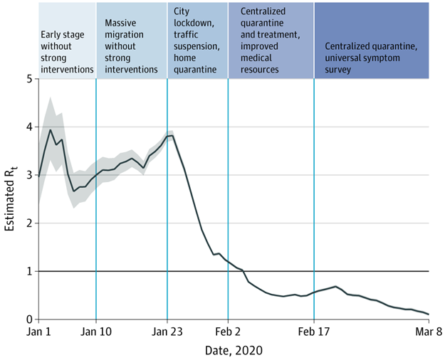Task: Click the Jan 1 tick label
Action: pyautogui.click(x=38, y=331)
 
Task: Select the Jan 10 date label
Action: pyautogui.click(x=95, y=331)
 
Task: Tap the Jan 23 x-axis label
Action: pyautogui.click(x=167, y=331)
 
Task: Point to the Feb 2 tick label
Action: pyautogui.click(x=228, y=331)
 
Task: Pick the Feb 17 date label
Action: pyautogui.click(x=314, y=331)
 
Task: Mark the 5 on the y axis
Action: pyautogui.click(x=28, y=79)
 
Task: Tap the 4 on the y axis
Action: pyautogui.click(x=28, y=127)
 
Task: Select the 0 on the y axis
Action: pyautogui.click(x=28, y=319)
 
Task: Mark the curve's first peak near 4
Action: pyautogui.click(x=50, y=129)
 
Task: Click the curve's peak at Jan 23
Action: pyautogui.click(x=170, y=135)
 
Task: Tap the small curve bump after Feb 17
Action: pyautogui.click(x=335, y=287)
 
